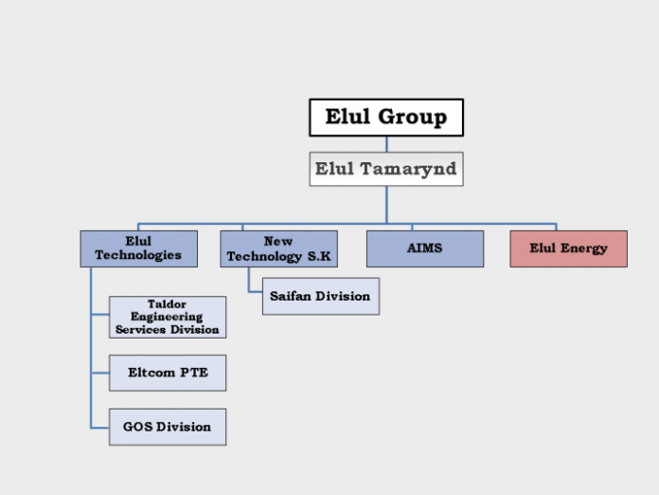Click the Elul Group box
385,118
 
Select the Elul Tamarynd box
385,169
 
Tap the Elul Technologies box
138,248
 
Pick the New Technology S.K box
278,248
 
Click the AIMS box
425,248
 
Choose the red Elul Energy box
568,248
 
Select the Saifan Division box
320,296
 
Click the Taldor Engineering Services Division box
168,317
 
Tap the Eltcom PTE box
168,373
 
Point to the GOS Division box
168,427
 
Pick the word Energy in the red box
586,248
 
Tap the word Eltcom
151,373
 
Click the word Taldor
167,304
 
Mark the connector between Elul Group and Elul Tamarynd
385,144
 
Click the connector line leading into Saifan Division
255,290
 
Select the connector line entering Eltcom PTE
100,373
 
